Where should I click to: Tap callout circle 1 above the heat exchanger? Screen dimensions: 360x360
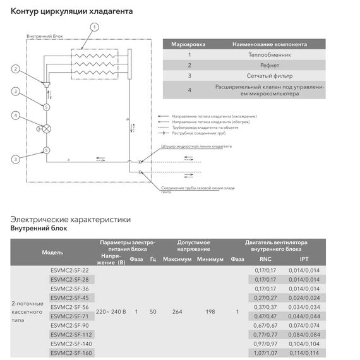(95, 27)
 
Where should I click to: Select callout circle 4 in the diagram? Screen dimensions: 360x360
(16, 115)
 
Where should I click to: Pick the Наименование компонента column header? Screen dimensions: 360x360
(270, 45)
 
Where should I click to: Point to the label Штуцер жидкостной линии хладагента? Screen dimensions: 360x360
(196, 146)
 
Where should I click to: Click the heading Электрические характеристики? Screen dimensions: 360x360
(70, 220)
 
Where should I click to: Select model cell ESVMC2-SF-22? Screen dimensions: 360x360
(69, 270)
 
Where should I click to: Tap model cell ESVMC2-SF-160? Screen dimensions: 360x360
(70, 353)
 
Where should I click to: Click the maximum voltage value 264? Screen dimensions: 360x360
(177, 311)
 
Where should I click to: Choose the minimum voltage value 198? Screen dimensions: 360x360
(210, 311)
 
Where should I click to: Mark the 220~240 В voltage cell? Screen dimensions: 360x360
(111, 311)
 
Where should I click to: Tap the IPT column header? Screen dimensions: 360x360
(304, 259)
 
